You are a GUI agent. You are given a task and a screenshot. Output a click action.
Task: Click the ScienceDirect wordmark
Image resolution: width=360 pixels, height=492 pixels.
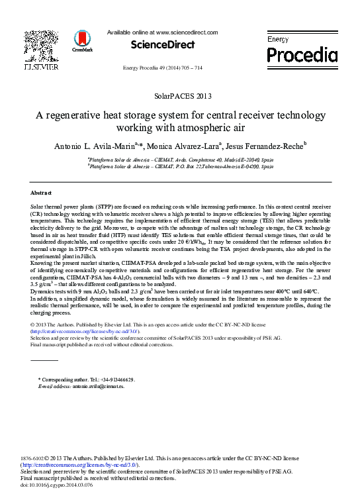point(163,45)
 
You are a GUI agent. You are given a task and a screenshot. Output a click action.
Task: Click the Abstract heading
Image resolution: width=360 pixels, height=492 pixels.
point(42,193)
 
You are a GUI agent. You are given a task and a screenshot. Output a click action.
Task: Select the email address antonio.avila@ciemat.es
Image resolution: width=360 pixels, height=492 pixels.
point(97,385)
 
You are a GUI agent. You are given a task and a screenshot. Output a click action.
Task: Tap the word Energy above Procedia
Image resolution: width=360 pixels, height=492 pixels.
point(278,40)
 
